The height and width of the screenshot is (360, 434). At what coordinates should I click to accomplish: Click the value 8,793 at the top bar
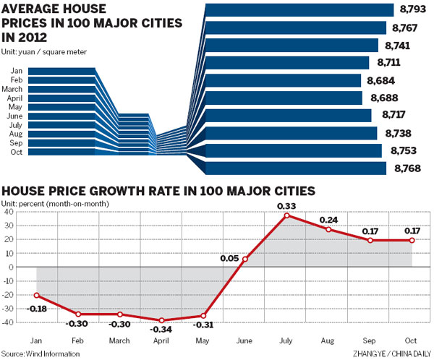(x=414, y=10)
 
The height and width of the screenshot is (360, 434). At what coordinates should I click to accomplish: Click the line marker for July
(x=287, y=215)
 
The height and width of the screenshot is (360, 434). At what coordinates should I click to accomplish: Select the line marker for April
(x=162, y=320)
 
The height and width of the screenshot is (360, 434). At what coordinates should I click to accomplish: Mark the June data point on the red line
(x=245, y=260)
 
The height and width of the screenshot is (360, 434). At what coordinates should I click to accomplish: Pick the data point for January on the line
(x=36, y=295)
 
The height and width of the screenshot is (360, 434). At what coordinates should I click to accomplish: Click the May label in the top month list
(x=17, y=106)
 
